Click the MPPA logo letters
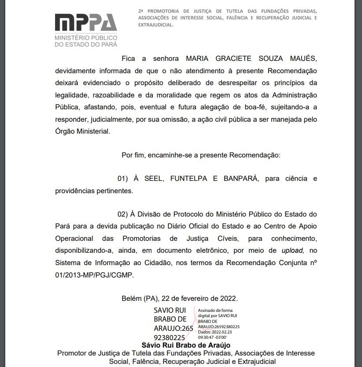click(x=86, y=23)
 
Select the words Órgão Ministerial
click(x=82, y=131)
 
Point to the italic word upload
click(x=293, y=251)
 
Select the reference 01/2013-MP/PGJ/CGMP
click(x=94, y=274)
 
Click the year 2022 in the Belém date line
click(x=229, y=298)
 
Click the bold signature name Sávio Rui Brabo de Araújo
click(x=185, y=345)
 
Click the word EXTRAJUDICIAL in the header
click(x=155, y=25)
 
